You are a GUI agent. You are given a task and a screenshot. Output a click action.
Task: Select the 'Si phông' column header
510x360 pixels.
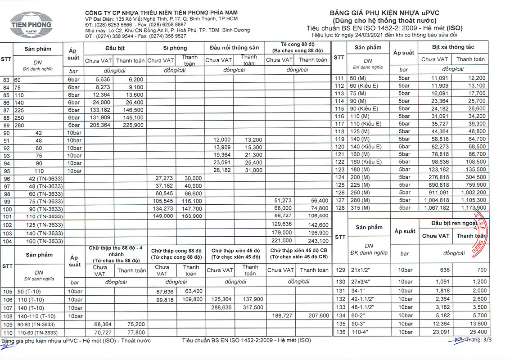175,48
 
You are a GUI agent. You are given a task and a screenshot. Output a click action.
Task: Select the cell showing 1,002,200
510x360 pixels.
473,193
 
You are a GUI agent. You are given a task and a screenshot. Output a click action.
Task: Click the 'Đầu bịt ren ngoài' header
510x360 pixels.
452,224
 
